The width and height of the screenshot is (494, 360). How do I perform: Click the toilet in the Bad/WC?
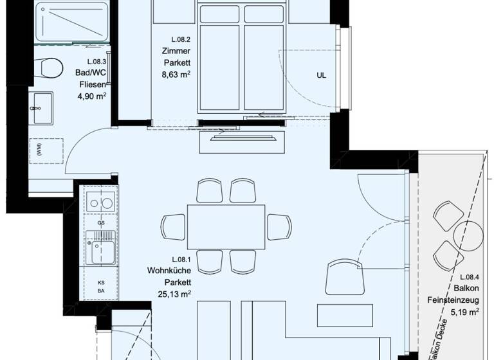pyautogui.click(x=50, y=66)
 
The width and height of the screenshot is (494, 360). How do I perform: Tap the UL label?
pyautogui.click(x=321, y=75)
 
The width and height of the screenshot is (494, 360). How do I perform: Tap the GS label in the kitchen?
pyautogui.click(x=100, y=223)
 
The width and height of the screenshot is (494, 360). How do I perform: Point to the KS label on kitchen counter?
pyautogui.click(x=100, y=282)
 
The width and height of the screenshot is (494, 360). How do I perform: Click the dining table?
pyautogui.click(x=226, y=228)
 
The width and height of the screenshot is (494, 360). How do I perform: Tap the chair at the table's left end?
pyautogui.click(x=174, y=226)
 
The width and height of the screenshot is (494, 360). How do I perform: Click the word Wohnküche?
pyautogui.click(x=168, y=270)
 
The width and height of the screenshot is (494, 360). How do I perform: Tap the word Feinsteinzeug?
pyautogui.click(x=453, y=300)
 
